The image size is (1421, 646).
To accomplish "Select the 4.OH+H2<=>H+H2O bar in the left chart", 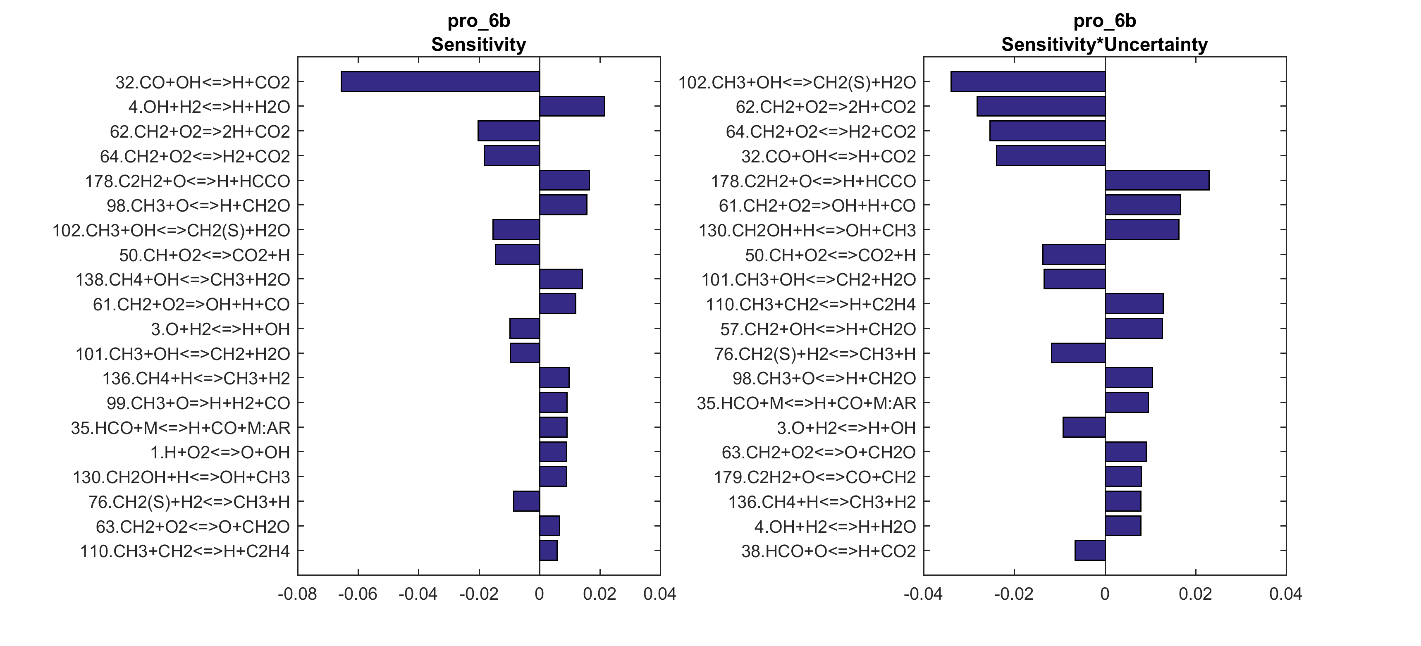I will pyautogui.click(x=572, y=107).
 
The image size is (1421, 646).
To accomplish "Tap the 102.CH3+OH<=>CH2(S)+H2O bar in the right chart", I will pyautogui.click(x=1028, y=82).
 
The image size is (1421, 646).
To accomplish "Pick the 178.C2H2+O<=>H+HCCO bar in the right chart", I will pyautogui.click(x=1157, y=180).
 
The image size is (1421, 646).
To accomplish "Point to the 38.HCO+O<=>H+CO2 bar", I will pyautogui.click(x=1089, y=551).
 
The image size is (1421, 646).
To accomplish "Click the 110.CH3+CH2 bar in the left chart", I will pyautogui.click(x=548, y=551).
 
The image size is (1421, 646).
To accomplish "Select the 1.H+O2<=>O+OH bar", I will pyautogui.click(x=553, y=452).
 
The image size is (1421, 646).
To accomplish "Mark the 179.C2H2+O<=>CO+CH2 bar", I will pyautogui.click(x=1123, y=477).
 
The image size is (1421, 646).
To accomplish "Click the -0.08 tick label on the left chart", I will pyautogui.click(x=297, y=594).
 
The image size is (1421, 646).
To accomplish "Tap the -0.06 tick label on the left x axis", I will pyautogui.click(x=358, y=594).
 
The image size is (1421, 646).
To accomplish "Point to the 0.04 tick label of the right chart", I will pyautogui.click(x=1285, y=594).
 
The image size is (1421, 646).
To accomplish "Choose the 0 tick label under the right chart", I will pyautogui.click(x=1104, y=594).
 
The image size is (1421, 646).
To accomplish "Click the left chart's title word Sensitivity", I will pyautogui.click(x=478, y=45).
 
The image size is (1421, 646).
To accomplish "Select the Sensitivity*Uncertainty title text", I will pyautogui.click(x=1104, y=45).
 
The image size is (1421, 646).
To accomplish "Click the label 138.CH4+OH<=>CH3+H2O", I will pyautogui.click(x=183, y=280).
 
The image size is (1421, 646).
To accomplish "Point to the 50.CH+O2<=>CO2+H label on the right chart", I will pyautogui.click(x=830, y=255).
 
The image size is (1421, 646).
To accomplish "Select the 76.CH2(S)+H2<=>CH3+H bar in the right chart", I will pyautogui.click(x=1078, y=353).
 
